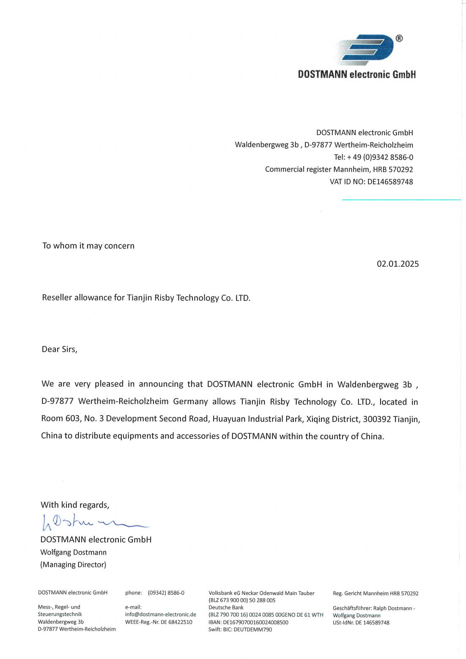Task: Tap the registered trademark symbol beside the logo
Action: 399,38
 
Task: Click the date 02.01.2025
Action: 397,264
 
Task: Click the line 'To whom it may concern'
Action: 88,246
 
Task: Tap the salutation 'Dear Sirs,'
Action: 59,350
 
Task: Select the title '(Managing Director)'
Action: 73,565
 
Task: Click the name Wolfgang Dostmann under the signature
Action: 73,552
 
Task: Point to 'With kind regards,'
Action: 75,505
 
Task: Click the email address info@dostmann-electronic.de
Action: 161,615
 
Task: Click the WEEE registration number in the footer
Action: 159,622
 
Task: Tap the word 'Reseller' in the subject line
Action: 57,298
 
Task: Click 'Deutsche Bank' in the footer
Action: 226,607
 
